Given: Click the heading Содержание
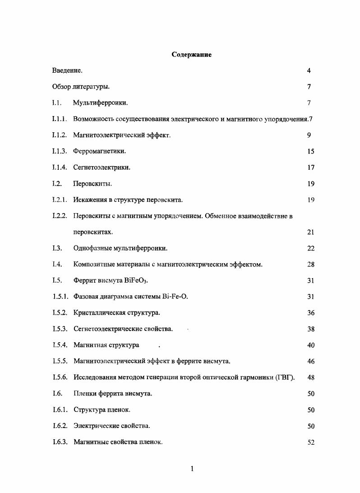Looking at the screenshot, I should pyautogui.click(x=192, y=55).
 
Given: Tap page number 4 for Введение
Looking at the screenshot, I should pyautogui.click(x=309, y=71).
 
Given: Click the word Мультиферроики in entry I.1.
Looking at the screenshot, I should pyautogui.click(x=100, y=103).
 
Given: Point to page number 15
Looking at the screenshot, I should pyautogui.click(x=311, y=152).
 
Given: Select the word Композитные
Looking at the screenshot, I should pyautogui.click(x=92, y=265).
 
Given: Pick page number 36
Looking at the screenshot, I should pyautogui.click(x=311, y=313).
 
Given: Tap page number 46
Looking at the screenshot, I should pyautogui.click(x=311, y=362).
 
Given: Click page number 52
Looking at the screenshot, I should pyautogui.click(x=311, y=442).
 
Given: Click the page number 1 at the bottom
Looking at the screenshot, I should pyautogui.click(x=192, y=469).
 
